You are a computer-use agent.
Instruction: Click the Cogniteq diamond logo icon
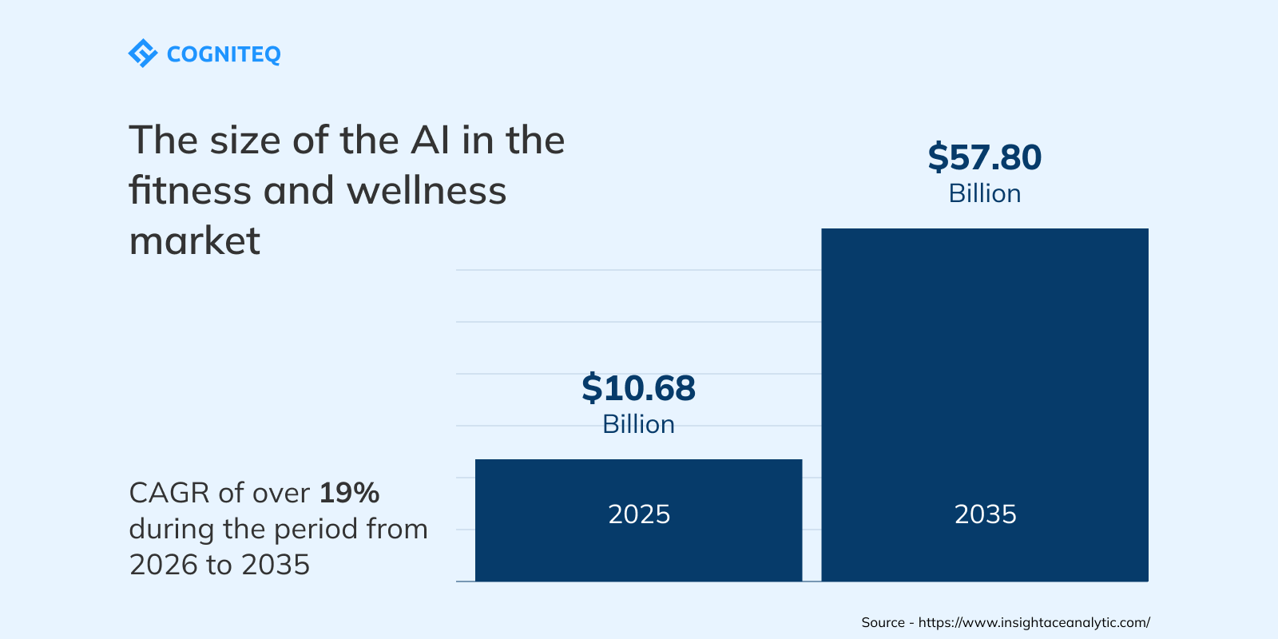[x=143, y=54]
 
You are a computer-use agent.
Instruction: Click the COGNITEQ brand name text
[x=224, y=54]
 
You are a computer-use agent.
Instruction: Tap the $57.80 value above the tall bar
[x=984, y=157]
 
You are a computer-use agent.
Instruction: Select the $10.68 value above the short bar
[x=638, y=388]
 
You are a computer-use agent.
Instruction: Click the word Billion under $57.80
[x=984, y=194]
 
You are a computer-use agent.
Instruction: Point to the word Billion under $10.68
[x=638, y=424]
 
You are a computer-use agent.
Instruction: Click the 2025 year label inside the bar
[x=639, y=514]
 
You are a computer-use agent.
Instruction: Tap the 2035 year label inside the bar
[x=985, y=514]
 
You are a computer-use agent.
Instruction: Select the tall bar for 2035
[x=985, y=359]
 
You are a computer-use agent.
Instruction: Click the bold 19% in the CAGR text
[x=349, y=493]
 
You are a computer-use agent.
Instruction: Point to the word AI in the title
[x=431, y=141]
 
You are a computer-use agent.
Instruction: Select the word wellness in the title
[x=427, y=191]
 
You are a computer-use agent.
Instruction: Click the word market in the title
[x=195, y=241]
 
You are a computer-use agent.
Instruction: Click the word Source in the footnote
[x=883, y=622]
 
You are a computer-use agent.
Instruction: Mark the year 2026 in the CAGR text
[x=163, y=565]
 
